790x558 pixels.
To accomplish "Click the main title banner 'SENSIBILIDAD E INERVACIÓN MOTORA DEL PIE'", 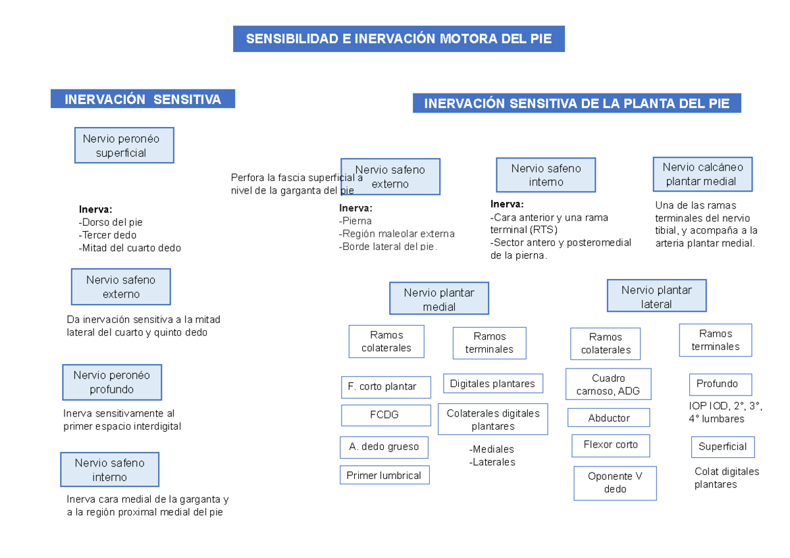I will pos(398,39).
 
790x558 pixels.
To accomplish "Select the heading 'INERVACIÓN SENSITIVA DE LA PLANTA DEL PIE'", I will pos(577,103).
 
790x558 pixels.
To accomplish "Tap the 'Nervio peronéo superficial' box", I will pos(124,145).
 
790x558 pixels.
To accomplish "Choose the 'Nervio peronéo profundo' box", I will pos(112,382).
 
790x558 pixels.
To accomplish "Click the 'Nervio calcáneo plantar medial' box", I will pos(702,174).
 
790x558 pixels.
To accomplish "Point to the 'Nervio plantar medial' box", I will pos(438,299).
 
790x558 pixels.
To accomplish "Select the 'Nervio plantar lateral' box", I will pos(656,297).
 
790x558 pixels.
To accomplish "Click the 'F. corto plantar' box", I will pos(386,387).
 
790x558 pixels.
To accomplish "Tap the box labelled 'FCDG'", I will pos(384,415).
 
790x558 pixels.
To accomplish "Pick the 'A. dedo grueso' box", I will pos(384,447).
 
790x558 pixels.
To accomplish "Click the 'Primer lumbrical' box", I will pos(384,475).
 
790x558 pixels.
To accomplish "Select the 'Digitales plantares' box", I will pos(492,384).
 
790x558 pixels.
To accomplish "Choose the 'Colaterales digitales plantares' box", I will pos(492,420).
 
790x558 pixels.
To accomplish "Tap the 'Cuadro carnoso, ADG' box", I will pos(608,384).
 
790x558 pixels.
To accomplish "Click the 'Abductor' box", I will pos(608,418).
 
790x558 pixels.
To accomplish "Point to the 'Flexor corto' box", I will pos(610,445).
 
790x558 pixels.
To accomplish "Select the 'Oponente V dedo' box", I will pos(614,483).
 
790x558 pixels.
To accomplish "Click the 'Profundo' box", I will pos(720,384).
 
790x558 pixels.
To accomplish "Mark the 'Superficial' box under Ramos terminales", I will pos(722,447).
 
